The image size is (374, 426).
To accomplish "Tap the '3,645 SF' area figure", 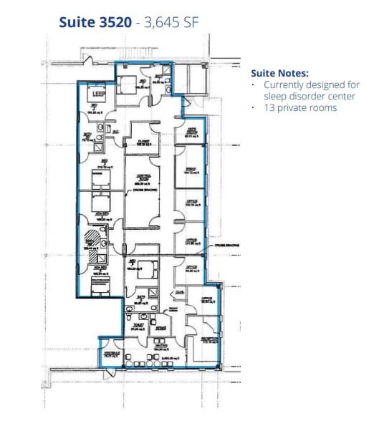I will point(173,22).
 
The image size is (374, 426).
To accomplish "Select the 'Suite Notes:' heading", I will point(279,73).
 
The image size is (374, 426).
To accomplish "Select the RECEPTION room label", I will point(210,340).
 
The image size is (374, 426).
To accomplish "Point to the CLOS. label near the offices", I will point(179,291).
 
